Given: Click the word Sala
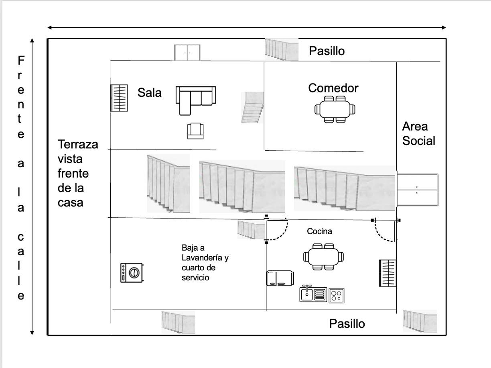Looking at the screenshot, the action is pos(149,92).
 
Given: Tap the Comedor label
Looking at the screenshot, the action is pos(333,88).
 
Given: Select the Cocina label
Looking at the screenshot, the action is pos(319,231).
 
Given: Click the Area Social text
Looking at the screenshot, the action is pos(418,134).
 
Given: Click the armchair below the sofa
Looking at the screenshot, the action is pos(195,131).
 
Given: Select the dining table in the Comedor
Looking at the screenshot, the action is pos(335,110).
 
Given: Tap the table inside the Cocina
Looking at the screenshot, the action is pos(323,257).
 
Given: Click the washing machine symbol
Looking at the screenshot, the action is pos(132,272).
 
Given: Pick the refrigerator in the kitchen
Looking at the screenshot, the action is pos(280,278).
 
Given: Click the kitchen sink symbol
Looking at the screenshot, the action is pos(313,294).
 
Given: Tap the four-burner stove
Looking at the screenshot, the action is pos(337,296).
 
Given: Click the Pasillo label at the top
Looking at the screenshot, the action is pos(327,51).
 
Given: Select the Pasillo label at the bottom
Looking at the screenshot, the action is pos(347,324).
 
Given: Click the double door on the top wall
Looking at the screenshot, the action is pos(187,53).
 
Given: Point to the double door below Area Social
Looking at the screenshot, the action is pos(418,190).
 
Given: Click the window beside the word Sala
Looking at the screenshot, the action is pos(119,98).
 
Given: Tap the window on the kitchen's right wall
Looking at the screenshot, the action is pos(388,273).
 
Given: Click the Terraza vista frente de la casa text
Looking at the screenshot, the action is pos(78,174).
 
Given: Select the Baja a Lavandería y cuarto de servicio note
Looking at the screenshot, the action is pos(205,262).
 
